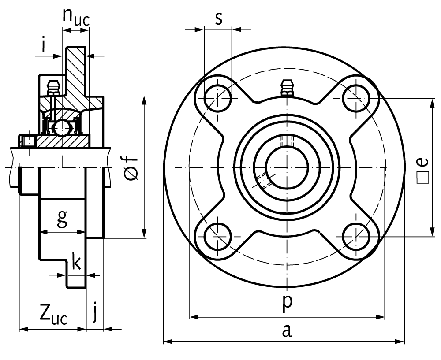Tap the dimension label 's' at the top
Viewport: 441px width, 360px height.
tap(218, 19)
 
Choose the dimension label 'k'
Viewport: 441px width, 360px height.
tap(76, 263)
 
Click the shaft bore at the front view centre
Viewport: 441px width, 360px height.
tap(287, 167)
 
